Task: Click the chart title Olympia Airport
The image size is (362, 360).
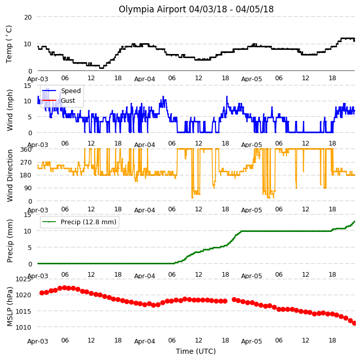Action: click(x=153, y=9)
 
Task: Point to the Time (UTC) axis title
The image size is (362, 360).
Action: click(x=196, y=351)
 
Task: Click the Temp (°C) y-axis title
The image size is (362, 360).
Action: click(x=9, y=44)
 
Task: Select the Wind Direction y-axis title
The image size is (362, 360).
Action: click(x=10, y=176)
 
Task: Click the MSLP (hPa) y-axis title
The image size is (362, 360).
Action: click(x=10, y=307)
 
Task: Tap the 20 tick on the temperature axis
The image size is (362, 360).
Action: click(x=28, y=17)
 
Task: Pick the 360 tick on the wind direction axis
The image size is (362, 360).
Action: click(x=26, y=150)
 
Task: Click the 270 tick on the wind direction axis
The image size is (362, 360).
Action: click(x=26, y=163)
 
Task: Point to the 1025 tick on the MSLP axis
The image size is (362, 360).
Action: click(x=23, y=279)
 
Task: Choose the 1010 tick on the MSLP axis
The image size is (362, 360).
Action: click(x=23, y=327)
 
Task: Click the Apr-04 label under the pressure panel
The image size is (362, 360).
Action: click(x=145, y=341)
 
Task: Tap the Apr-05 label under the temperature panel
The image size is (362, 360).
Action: click(x=251, y=79)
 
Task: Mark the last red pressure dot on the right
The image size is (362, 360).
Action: click(x=354, y=323)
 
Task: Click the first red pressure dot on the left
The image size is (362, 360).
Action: click(x=42, y=293)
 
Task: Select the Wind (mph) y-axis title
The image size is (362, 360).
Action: click(x=10, y=110)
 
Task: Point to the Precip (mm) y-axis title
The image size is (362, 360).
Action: click(x=10, y=241)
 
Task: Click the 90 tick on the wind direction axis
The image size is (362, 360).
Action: click(x=28, y=188)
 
